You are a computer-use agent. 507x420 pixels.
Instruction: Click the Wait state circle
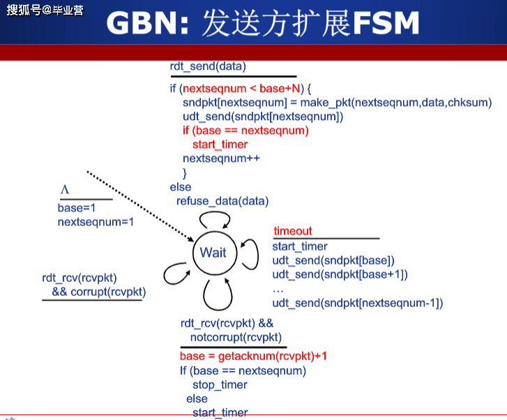(x=213, y=253)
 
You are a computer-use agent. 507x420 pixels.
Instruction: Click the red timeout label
(x=292, y=231)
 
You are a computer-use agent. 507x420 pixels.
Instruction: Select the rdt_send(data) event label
(x=208, y=66)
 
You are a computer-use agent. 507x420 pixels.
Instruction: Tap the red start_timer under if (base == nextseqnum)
(x=220, y=144)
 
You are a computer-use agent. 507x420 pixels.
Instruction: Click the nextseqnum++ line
(x=221, y=158)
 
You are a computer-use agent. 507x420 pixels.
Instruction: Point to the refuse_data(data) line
(x=222, y=201)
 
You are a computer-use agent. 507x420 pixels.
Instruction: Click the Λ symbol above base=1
(x=65, y=190)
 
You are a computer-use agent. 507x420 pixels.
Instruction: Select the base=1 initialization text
(x=76, y=208)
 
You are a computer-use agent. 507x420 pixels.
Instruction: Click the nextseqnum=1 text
(x=95, y=222)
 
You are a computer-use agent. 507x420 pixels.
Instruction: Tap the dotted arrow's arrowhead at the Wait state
(x=192, y=240)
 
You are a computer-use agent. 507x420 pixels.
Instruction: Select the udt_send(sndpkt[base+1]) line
(x=340, y=274)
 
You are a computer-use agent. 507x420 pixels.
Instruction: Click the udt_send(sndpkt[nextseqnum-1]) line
(x=357, y=303)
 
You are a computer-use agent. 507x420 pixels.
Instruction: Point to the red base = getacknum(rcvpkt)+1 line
(x=253, y=356)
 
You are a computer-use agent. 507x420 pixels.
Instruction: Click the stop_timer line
(x=220, y=384)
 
